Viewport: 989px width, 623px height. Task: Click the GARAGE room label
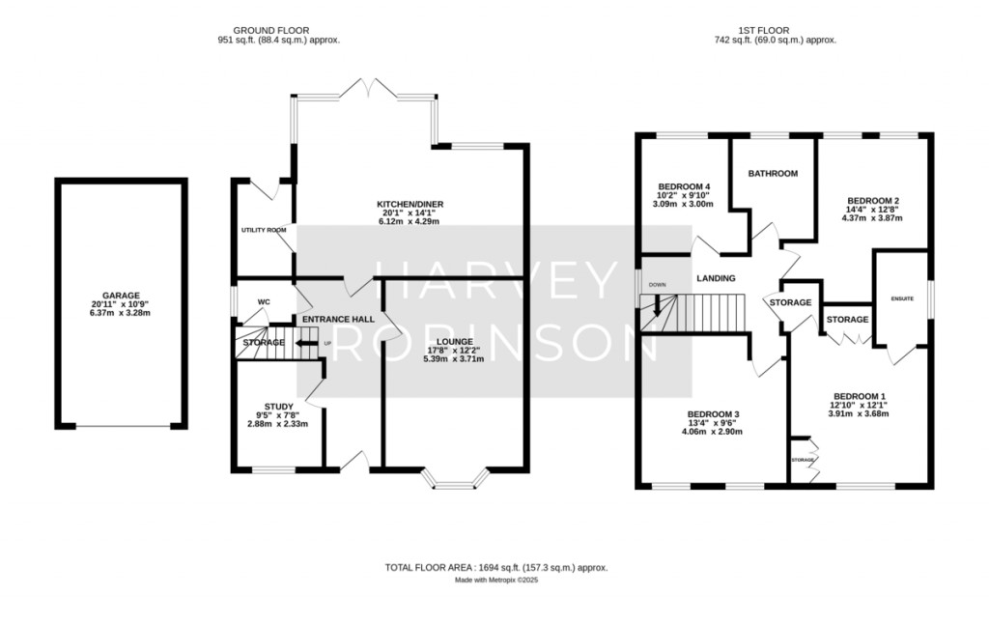(x=122, y=296)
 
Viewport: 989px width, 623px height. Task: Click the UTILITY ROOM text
(x=264, y=230)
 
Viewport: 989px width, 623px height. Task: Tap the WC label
(x=264, y=302)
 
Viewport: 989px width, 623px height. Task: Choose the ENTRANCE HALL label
(x=338, y=320)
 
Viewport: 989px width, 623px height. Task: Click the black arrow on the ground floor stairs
(x=308, y=342)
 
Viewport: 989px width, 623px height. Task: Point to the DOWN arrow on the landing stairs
(x=658, y=306)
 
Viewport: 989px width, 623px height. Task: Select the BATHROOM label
(x=774, y=174)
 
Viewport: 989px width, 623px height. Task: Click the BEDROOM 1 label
(x=860, y=396)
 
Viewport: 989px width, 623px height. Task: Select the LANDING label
(x=716, y=279)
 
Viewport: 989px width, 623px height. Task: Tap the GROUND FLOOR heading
(x=279, y=30)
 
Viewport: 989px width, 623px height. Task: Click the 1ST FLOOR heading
(x=775, y=30)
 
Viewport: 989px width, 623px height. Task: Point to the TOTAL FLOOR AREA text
(x=496, y=568)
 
